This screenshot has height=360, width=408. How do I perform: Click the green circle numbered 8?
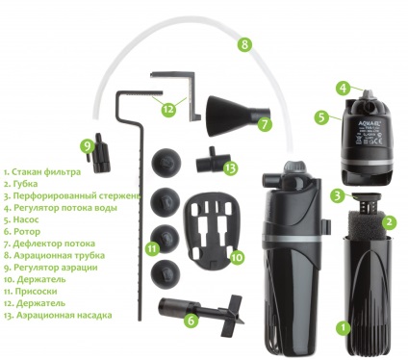(x=244, y=44)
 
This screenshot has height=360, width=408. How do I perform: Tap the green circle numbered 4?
(x=344, y=88)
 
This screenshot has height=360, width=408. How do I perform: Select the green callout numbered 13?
(x=230, y=167)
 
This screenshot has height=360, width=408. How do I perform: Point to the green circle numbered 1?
(x=344, y=327)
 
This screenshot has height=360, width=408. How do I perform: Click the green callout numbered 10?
(x=237, y=257)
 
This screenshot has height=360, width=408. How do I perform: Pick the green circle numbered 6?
(x=191, y=321)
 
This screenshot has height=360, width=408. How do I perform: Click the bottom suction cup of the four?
(x=166, y=272)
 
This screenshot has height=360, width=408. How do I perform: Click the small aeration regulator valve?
(x=99, y=152)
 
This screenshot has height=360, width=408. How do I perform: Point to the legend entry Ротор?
(x=22, y=232)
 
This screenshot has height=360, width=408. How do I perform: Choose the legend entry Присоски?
(x=31, y=292)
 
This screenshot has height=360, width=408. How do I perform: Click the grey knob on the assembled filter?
(x=293, y=167)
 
